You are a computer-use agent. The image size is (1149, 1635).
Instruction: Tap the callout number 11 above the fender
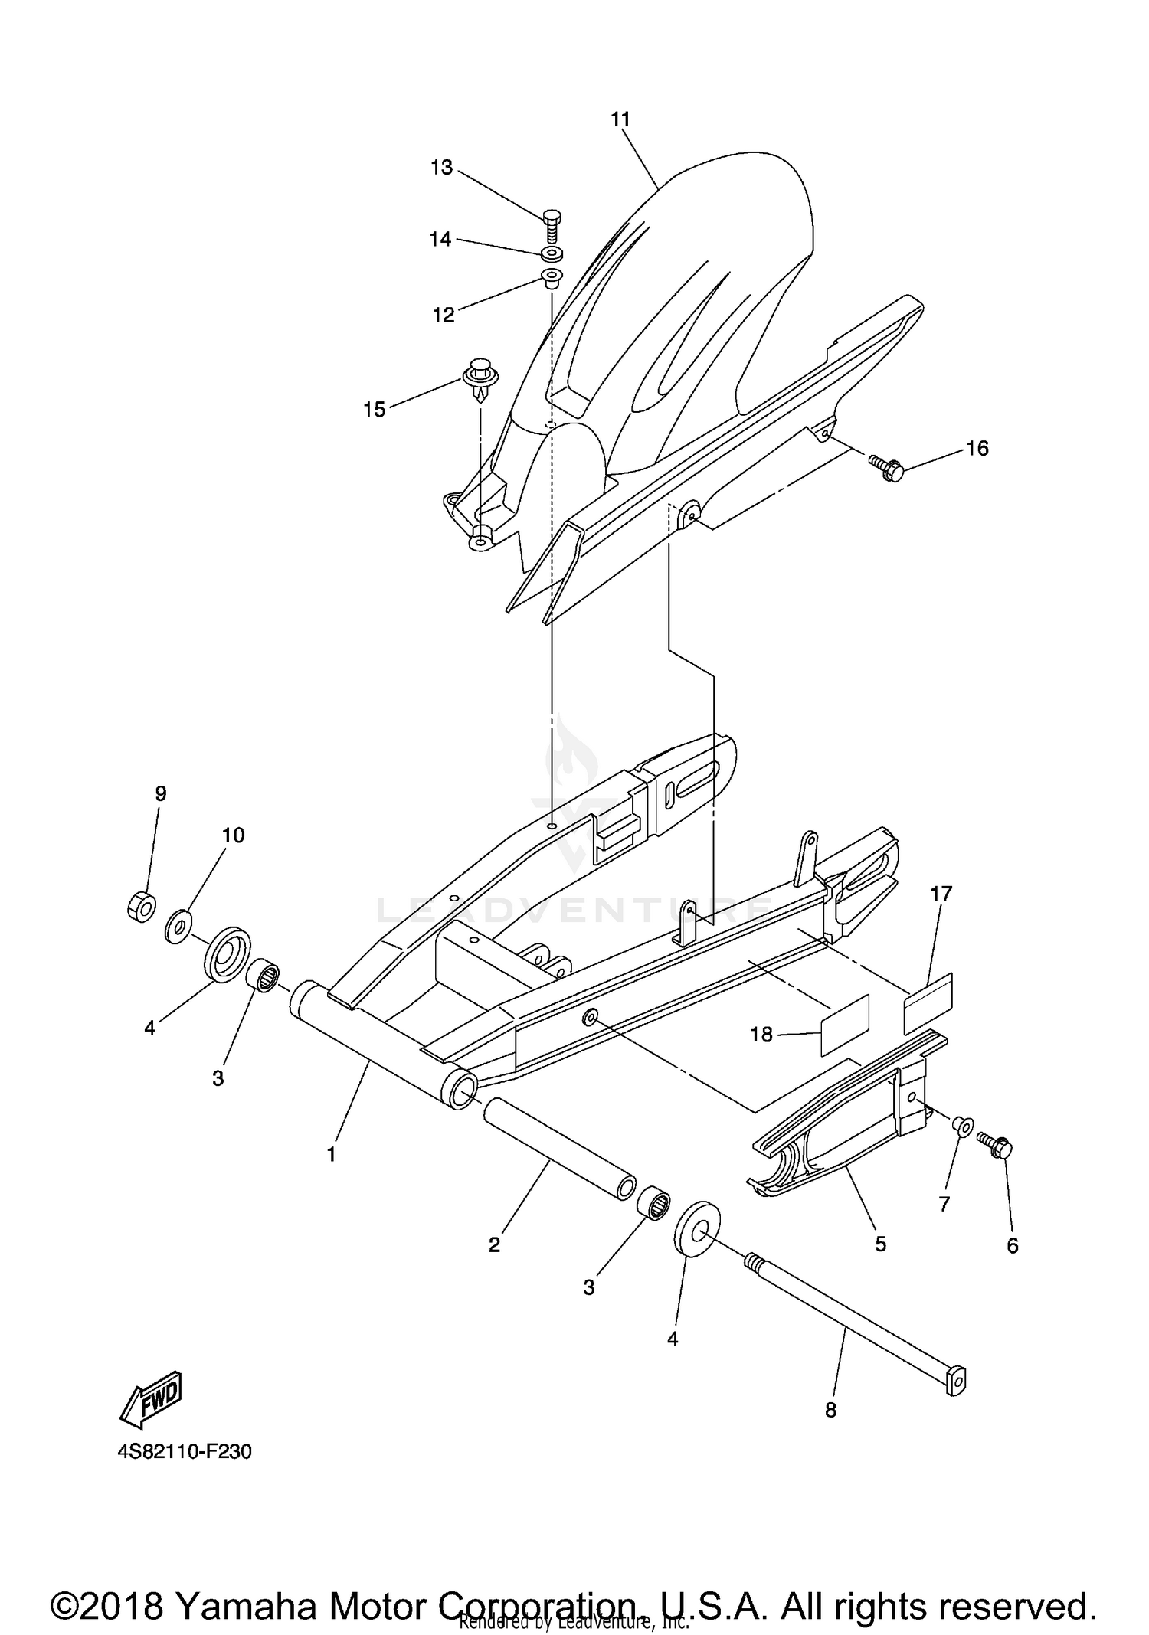click(620, 119)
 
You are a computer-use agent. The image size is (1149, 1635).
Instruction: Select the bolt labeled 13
click(552, 226)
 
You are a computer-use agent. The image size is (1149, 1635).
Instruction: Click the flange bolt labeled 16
click(886, 468)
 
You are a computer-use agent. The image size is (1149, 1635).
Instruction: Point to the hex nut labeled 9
click(141, 906)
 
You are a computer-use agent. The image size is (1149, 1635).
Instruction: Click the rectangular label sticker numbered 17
click(928, 1003)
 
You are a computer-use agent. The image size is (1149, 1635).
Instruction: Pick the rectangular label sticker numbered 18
click(845, 1025)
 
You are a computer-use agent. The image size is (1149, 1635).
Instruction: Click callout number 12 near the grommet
click(444, 315)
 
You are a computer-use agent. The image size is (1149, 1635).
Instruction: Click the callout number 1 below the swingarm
click(332, 1154)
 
